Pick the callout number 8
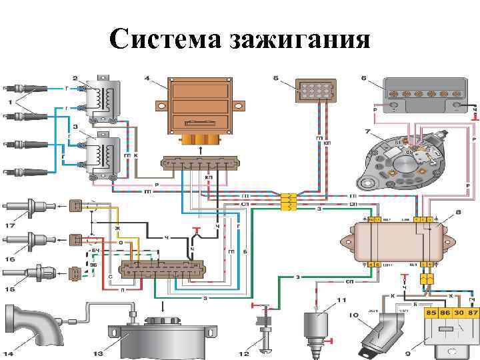point(459,213)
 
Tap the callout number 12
point(246,353)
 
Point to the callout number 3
point(75,126)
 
